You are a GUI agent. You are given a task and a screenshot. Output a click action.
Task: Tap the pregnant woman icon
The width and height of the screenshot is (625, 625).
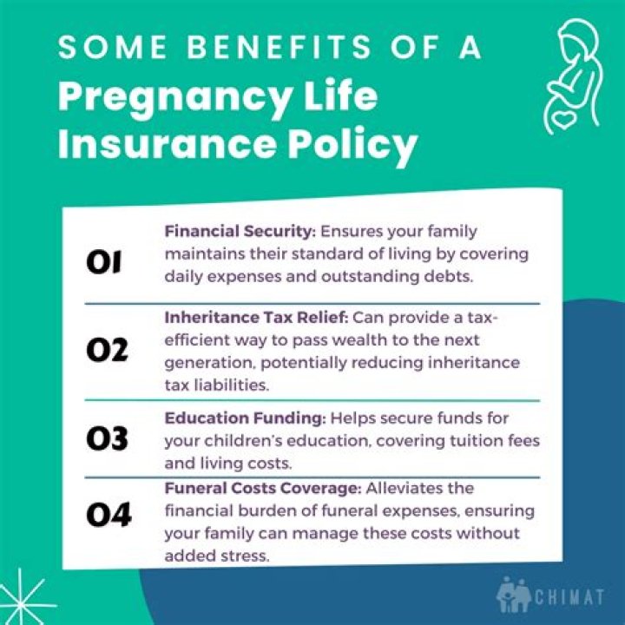pos(569,69)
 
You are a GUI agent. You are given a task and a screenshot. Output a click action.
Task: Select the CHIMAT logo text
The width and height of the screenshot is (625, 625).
pos(574,599)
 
